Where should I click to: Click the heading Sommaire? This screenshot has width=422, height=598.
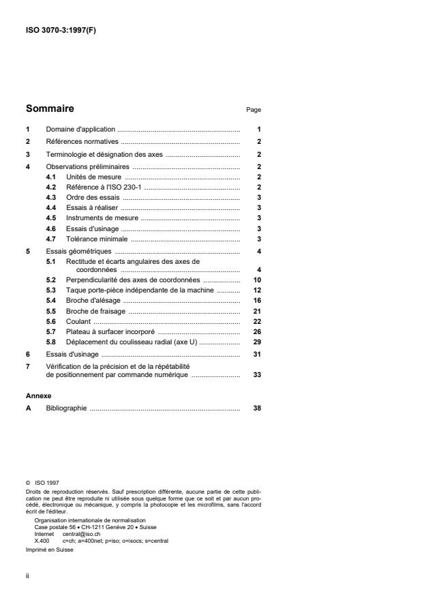50,108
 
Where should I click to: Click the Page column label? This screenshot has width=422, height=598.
253,110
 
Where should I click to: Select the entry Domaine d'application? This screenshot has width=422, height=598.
80,129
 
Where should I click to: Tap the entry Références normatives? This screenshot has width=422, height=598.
82,142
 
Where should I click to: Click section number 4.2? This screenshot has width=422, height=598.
50,187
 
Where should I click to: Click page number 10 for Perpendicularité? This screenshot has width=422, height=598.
257,280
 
